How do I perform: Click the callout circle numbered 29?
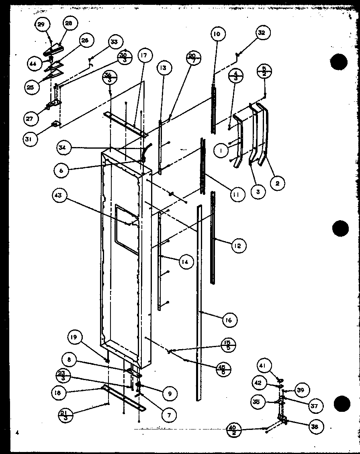[x=41, y=25]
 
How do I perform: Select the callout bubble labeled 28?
[x=69, y=24]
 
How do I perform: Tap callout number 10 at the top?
[x=217, y=34]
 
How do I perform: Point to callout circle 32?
[x=262, y=33]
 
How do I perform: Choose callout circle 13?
[x=162, y=68]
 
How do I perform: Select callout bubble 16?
[x=229, y=320]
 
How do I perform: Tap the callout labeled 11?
[x=237, y=195]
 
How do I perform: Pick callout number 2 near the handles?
[x=277, y=183]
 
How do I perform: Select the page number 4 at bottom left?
[x=17, y=433]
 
